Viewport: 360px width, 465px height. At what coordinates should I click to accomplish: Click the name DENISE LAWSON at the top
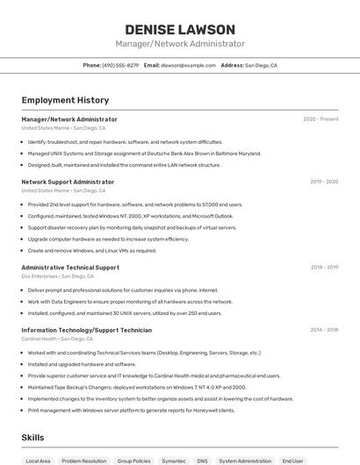(x=180, y=30)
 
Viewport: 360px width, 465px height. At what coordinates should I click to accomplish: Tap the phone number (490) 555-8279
(x=120, y=65)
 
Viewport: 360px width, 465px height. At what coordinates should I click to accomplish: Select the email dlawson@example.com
(x=188, y=65)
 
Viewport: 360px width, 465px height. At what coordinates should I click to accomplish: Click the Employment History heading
(x=65, y=100)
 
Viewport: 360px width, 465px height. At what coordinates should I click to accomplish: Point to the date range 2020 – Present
(x=320, y=119)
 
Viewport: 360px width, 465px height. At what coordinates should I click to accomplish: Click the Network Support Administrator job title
(x=68, y=182)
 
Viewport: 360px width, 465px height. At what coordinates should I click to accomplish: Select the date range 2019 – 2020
(x=323, y=182)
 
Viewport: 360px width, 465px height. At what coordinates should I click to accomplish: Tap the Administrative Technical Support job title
(x=70, y=267)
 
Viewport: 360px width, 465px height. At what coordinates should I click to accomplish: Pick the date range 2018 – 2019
(x=323, y=267)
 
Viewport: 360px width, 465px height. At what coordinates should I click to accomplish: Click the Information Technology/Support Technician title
(x=86, y=330)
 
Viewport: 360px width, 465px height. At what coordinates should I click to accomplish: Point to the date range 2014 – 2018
(x=323, y=330)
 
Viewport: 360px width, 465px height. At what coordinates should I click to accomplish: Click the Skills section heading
(x=33, y=437)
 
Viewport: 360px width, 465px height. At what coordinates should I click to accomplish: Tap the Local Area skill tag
(x=38, y=461)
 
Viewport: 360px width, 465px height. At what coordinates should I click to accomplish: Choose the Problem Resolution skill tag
(x=83, y=461)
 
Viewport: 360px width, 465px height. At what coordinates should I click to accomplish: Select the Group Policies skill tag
(x=134, y=461)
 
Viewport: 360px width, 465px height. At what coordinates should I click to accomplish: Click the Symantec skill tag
(x=174, y=461)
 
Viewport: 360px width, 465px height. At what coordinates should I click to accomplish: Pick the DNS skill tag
(x=202, y=461)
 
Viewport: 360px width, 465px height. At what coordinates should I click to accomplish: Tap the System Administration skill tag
(x=245, y=461)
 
